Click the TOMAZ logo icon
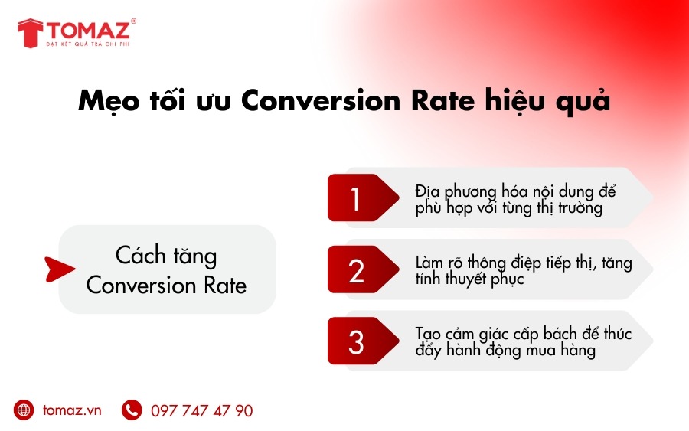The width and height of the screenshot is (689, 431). [x=31, y=33]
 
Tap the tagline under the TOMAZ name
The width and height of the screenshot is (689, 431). [x=88, y=44]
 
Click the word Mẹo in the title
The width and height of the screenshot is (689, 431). [x=109, y=102]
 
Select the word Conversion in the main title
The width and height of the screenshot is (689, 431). [x=321, y=100]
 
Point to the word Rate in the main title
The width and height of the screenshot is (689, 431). [x=443, y=100]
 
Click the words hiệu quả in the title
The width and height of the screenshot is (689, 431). [x=547, y=102]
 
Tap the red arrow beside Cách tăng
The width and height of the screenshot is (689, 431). [x=60, y=269]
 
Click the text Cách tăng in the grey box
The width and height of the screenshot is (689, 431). [x=166, y=255]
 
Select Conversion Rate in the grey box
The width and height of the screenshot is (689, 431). [x=166, y=286]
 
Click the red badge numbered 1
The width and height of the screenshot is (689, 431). [x=363, y=198]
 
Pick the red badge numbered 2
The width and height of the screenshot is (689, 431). [x=363, y=269]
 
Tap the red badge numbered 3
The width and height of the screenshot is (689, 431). [x=363, y=341]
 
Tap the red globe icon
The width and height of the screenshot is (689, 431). [x=24, y=410]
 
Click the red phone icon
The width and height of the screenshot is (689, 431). [x=132, y=410]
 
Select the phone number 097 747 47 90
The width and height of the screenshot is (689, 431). [x=201, y=411]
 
